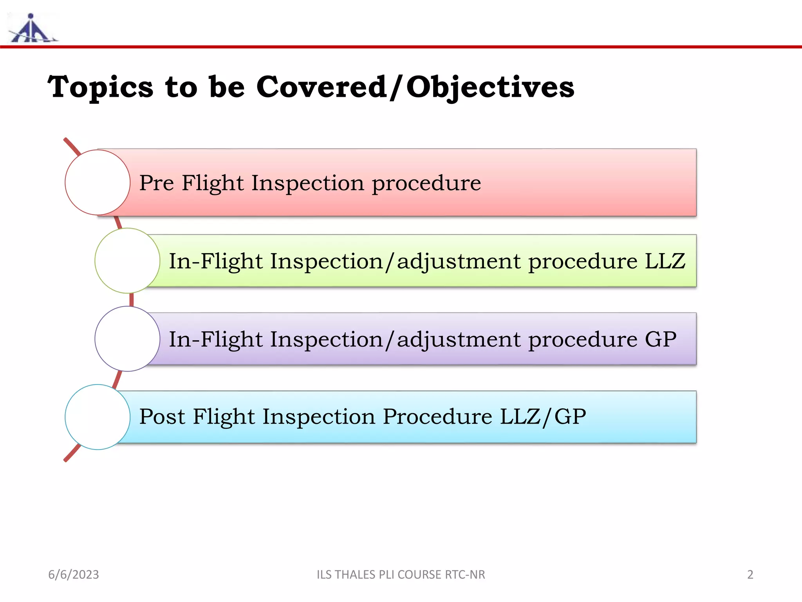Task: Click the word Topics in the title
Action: pos(100,87)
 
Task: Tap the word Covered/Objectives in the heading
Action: pos(415,87)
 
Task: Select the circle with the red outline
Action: pos(98,182)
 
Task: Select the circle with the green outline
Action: pos(127,261)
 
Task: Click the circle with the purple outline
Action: pos(127,339)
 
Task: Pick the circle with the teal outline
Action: pos(98,417)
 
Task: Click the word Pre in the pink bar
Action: pos(156,183)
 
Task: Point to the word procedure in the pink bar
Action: pos(426,183)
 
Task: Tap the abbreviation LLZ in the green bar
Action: pos(665,261)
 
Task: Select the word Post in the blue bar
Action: pos(162,417)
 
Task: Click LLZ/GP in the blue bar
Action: pos(543,417)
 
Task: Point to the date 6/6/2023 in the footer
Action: pos(74,575)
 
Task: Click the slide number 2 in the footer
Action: pos(750,575)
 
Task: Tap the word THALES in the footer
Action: pos(353,575)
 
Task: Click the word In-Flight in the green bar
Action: pos(215,261)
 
